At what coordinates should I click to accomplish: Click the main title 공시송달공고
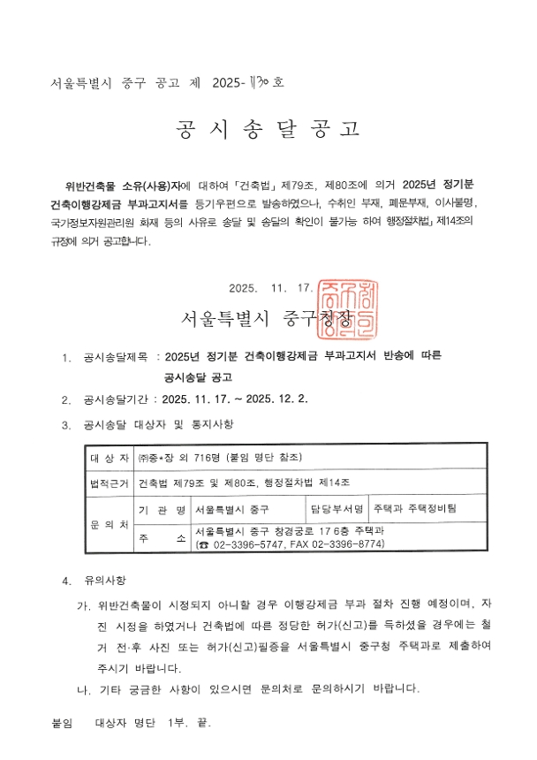tap(268, 130)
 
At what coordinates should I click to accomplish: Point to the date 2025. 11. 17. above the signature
tap(270, 288)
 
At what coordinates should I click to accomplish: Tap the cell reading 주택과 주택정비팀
tap(414, 510)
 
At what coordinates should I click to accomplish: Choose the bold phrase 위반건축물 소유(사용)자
tap(121, 186)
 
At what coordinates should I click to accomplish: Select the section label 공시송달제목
tap(116, 357)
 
